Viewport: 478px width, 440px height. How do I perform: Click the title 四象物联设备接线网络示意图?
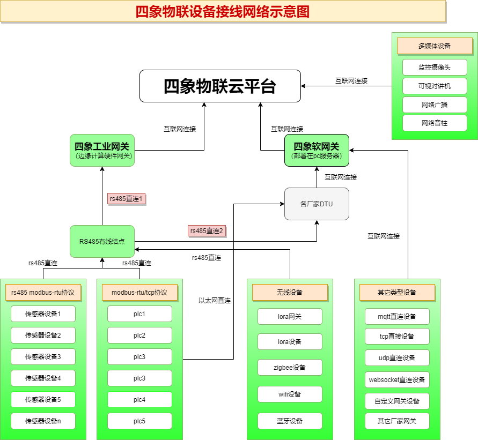(223, 11)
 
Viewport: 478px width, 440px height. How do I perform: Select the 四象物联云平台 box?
(220, 86)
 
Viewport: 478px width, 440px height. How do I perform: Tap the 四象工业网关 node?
(102, 150)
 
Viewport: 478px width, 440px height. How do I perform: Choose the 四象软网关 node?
(317, 150)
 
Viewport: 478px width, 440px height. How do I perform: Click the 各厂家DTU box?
(317, 204)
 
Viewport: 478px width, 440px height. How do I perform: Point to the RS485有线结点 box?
(102, 241)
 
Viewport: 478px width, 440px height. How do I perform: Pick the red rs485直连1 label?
(126, 199)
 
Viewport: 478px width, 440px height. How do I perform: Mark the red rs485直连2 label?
(207, 231)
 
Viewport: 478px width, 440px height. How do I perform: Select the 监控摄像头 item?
(435, 67)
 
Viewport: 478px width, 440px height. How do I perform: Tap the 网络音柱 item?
(435, 123)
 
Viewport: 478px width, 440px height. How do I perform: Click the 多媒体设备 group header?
(435, 46)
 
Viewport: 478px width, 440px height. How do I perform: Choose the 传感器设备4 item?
(43, 378)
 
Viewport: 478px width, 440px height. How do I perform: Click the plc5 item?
(139, 421)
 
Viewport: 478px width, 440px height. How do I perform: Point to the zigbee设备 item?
(290, 367)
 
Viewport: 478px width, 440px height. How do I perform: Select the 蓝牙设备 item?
(290, 421)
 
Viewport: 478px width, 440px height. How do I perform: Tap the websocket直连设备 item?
(397, 380)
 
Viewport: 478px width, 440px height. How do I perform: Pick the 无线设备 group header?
(290, 292)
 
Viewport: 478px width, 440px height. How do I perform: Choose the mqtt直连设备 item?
(397, 316)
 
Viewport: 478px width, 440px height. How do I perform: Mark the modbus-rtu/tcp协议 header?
(139, 292)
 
